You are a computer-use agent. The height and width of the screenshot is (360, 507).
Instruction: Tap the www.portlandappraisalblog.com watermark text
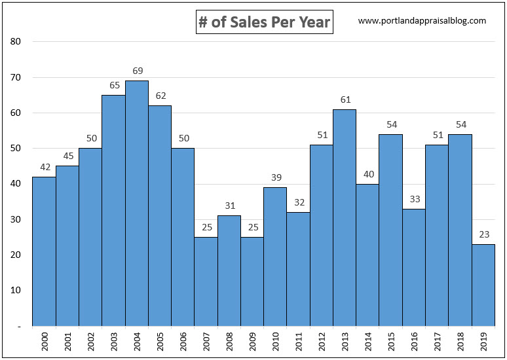point(422,21)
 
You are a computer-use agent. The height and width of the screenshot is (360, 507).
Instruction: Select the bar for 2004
point(136,203)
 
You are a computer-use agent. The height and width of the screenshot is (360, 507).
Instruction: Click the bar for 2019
point(483,285)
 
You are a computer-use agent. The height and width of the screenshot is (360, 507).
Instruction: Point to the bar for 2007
point(206,281)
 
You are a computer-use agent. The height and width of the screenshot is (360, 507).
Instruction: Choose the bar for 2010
point(275,257)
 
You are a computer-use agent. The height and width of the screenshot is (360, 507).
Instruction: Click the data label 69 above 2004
point(136,71)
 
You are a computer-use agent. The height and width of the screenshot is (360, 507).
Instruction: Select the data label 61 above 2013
point(345,99)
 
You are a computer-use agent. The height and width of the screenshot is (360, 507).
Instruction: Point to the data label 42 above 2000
point(44,167)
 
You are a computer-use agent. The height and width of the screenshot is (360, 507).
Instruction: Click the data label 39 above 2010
point(275,177)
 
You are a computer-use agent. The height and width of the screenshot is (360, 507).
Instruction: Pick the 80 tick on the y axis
point(16,42)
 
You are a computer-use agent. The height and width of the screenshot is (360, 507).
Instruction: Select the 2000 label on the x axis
point(44,342)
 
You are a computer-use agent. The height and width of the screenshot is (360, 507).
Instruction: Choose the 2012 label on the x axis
point(322,342)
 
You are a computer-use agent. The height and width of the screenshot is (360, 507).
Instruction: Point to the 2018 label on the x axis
point(460,342)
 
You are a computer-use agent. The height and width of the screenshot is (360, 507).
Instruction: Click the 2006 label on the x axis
point(183,342)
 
